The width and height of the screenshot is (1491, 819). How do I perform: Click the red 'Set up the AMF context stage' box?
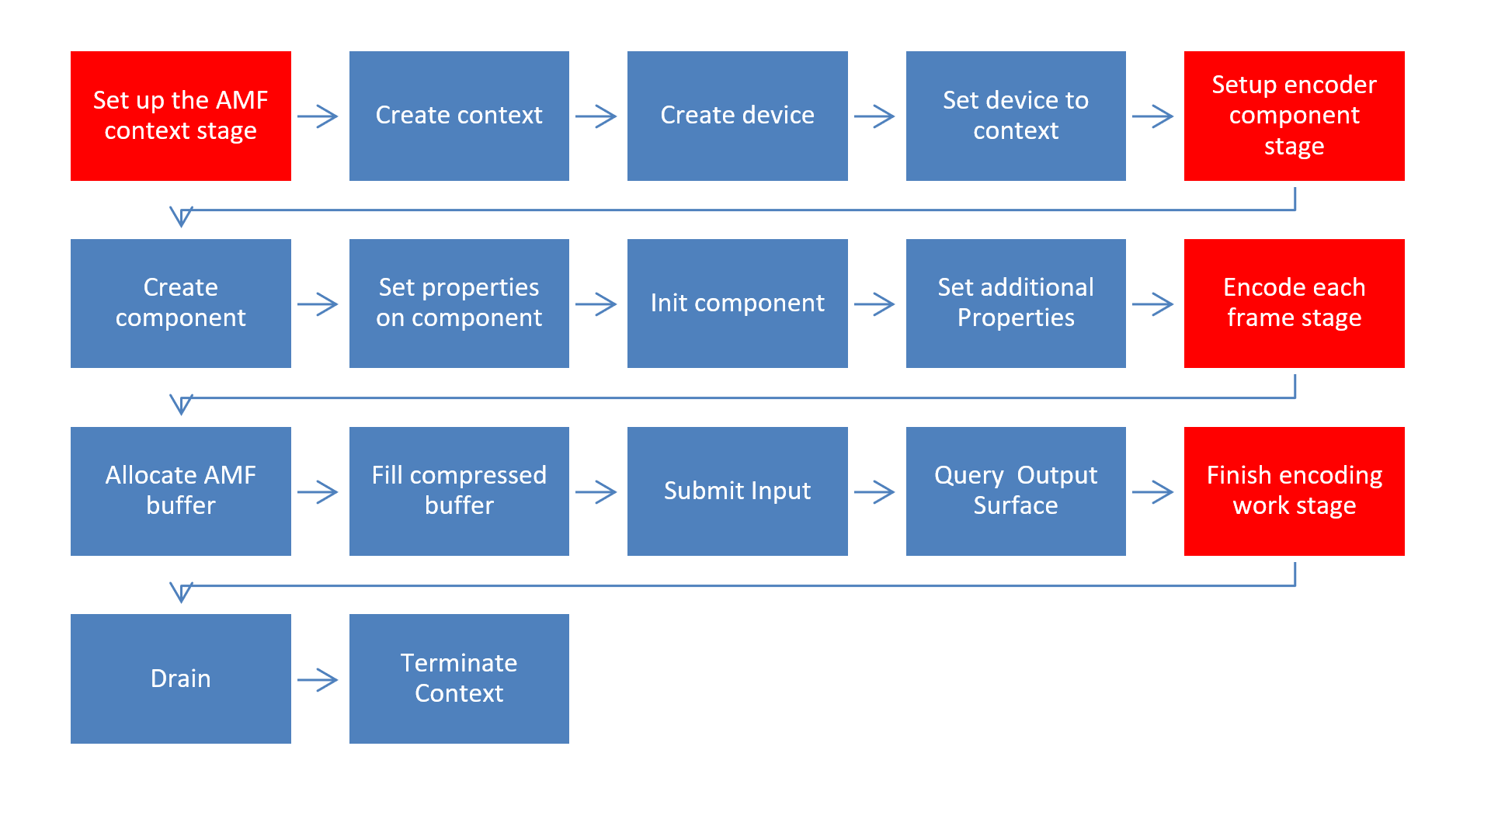pyautogui.click(x=180, y=116)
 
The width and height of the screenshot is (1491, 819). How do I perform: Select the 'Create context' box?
pyautogui.click(x=459, y=116)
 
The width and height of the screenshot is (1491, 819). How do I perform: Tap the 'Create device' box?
pyautogui.click(x=737, y=116)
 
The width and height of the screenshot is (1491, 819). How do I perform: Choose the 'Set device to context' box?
pyautogui.click(x=1016, y=116)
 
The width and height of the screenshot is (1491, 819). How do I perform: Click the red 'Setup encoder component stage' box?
pyautogui.click(x=1294, y=116)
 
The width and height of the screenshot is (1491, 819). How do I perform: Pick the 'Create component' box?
pyautogui.click(x=180, y=303)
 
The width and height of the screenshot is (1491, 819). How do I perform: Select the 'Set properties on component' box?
pyautogui.click(x=459, y=303)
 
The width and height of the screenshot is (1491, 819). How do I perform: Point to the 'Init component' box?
pyautogui.click(x=737, y=303)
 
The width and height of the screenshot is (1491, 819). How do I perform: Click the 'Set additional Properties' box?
pyautogui.click(x=1016, y=303)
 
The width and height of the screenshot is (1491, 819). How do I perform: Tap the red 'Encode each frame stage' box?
pyautogui.click(x=1294, y=303)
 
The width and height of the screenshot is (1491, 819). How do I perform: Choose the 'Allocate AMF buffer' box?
pyautogui.click(x=180, y=491)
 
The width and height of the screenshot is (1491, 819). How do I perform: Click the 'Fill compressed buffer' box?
pyautogui.click(x=459, y=491)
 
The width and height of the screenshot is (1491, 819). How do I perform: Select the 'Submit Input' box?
pyautogui.click(x=737, y=491)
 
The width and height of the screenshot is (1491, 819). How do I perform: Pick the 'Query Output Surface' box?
pyautogui.click(x=1016, y=491)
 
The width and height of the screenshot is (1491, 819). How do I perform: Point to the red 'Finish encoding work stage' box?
pyautogui.click(x=1294, y=491)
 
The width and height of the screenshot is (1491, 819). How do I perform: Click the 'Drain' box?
pyautogui.click(x=180, y=678)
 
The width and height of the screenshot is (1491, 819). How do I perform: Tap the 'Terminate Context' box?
pyautogui.click(x=459, y=678)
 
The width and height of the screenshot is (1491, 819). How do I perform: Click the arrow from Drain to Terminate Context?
pyautogui.click(x=318, y=680)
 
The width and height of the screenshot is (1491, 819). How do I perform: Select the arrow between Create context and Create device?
pyautogui.click(x=596, y=117)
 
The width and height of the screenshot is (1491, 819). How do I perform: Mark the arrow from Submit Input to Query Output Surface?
pyautogui.click(x=875, y=492)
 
